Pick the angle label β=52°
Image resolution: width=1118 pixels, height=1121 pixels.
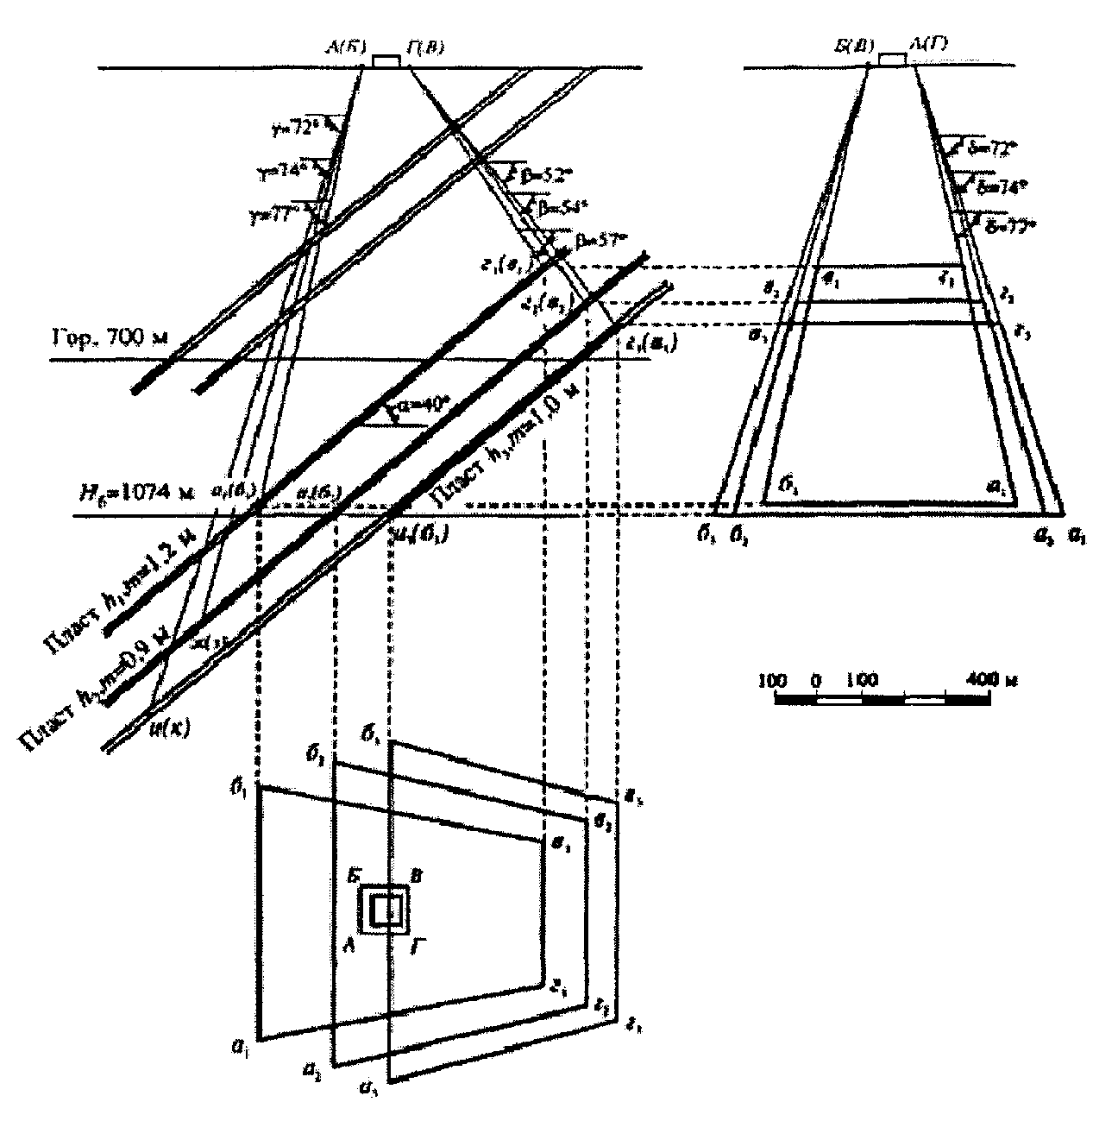544,174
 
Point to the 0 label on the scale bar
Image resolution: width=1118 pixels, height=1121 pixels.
816,679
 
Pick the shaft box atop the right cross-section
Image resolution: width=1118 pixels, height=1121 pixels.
892,59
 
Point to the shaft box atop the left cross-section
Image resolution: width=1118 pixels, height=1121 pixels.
386,60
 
